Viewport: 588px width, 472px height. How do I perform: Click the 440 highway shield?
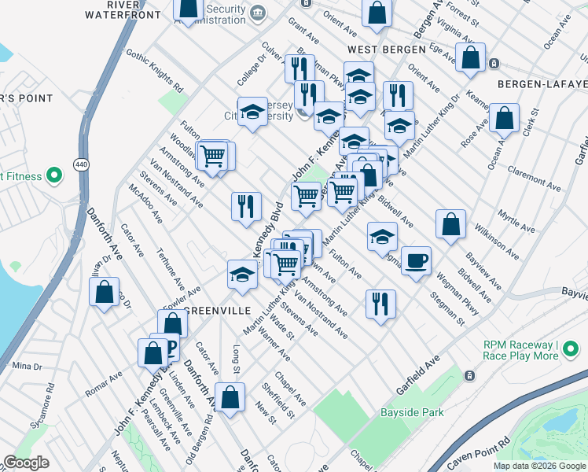pos(82,163)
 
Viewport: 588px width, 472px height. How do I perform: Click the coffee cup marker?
pos(416,261)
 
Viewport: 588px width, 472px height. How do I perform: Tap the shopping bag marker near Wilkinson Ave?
pos(451,224)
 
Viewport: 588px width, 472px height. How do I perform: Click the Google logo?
pos(27,463)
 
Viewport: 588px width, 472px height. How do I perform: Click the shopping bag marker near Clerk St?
pos(504,119)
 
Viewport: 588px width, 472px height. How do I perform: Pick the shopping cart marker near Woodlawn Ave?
pos(212,155)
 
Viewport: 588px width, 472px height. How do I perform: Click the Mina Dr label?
pos(27,367)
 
